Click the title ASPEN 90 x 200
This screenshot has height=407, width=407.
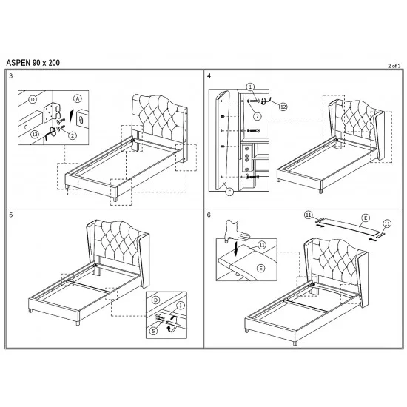[33, 63]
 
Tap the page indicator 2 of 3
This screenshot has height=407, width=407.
[394, 66]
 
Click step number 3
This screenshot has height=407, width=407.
[10, 75]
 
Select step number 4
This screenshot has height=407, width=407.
[209, 75]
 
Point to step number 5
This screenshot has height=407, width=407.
[10, 215]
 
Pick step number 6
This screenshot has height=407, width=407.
[209, 215]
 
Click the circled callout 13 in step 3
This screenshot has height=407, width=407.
[35, 135]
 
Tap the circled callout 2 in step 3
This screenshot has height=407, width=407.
[73, 135]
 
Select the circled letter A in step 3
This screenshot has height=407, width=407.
[78, 98]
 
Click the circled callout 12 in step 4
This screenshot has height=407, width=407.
[283, 107]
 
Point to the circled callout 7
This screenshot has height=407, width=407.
[258, 116]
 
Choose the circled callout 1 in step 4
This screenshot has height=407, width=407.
[250, 87]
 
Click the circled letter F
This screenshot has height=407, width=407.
[229, 192]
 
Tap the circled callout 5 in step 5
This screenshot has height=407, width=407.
[153, 331]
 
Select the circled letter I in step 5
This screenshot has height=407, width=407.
[181, 306]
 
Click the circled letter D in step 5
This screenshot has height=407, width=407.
[155, 300]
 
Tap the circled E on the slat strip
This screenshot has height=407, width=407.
[366, 218]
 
